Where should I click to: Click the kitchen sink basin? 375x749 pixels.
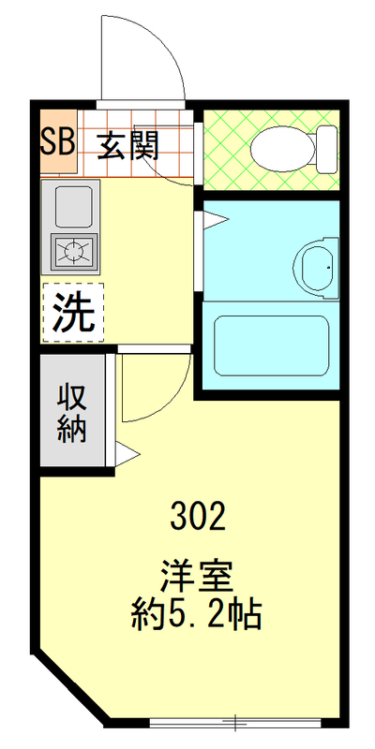(73, 205)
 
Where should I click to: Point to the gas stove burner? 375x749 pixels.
(73, 250)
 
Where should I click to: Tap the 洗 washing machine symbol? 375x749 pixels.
(72, 313)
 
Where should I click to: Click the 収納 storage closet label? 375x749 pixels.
(73, 412)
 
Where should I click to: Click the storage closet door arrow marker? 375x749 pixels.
(127, 457)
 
